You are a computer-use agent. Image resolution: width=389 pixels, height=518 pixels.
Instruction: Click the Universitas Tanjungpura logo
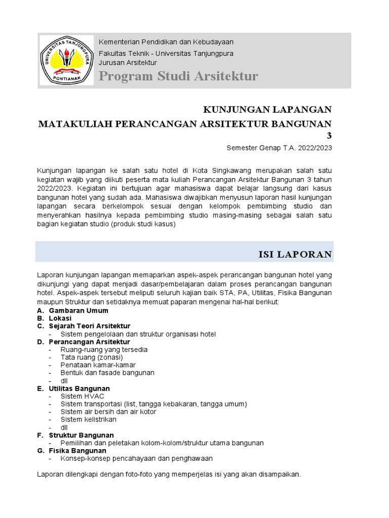point(66,60)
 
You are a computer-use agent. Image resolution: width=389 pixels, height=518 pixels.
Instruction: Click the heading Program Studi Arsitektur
point(178,76)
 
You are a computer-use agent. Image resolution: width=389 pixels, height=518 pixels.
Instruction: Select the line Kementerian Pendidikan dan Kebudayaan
point(166,42)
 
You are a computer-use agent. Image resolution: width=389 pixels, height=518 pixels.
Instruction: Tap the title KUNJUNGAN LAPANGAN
point(267,110)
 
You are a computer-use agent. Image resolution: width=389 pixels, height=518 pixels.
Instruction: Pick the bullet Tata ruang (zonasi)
point(92,357)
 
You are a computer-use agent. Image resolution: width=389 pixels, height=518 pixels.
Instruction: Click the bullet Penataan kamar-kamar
point(98,365)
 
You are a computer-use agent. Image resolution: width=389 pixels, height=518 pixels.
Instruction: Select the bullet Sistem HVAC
point(82,396)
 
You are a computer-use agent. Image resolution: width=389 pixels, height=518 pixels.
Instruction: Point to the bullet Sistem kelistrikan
point(89,419)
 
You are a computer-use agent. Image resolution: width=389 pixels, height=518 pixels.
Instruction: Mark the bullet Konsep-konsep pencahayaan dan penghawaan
point(136,458)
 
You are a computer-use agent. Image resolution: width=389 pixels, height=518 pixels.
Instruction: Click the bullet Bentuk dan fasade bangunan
point(107,373)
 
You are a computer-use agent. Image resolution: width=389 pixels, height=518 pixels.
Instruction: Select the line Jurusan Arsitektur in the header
point(128,62)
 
